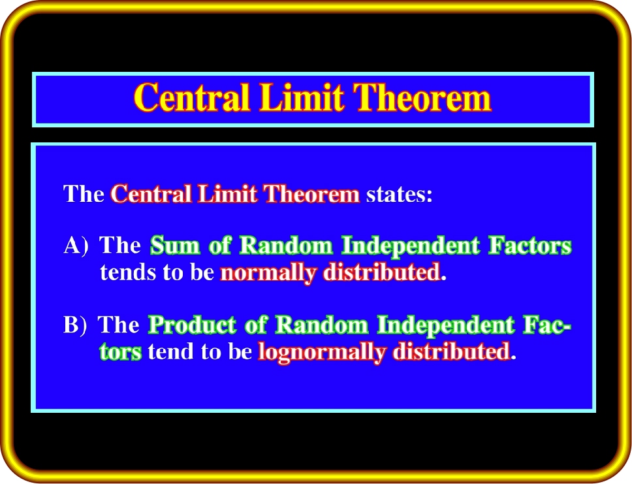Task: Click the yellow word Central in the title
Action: (192, 97)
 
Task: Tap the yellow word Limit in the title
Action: (302, 97)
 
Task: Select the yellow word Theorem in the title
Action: (422, 97)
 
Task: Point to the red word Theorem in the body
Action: (311, 193)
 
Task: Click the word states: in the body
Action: (399, 195)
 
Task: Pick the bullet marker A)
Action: (76, 245)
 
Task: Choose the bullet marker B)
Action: (75, 325)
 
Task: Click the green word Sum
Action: (175, 245)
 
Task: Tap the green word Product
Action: (192, 325)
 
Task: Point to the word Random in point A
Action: (286, 245)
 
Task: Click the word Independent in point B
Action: (446, 325)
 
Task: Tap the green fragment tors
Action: (121, 352)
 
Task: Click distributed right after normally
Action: (381, 272)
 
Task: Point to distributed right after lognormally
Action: (452, 351)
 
